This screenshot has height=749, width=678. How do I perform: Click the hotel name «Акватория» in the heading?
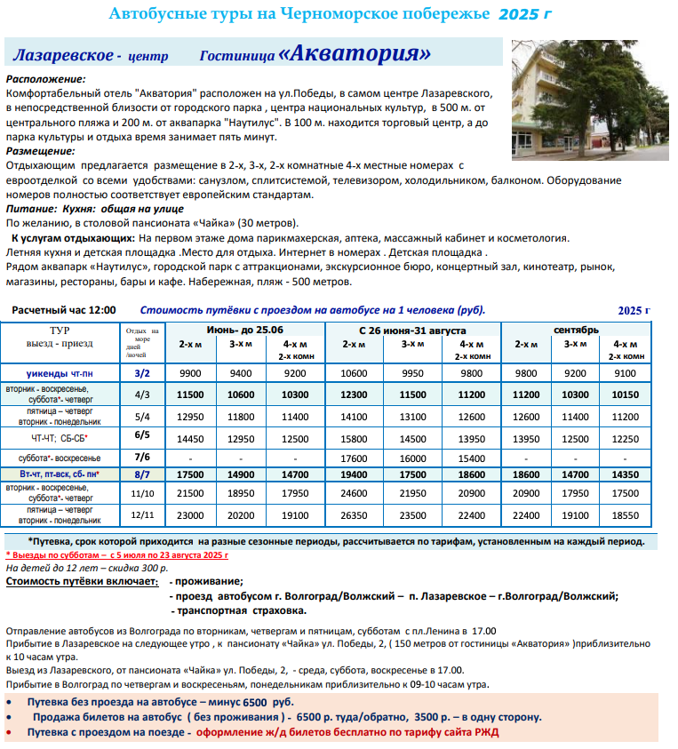click(x=355, y=53)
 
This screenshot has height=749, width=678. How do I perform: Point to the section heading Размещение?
click(x=39, y=152)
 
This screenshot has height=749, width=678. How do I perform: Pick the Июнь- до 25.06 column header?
click(x=246, y=330)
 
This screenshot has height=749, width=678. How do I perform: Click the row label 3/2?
click(x=142, y=373)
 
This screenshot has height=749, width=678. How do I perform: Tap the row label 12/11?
click(x=142, y=514)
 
